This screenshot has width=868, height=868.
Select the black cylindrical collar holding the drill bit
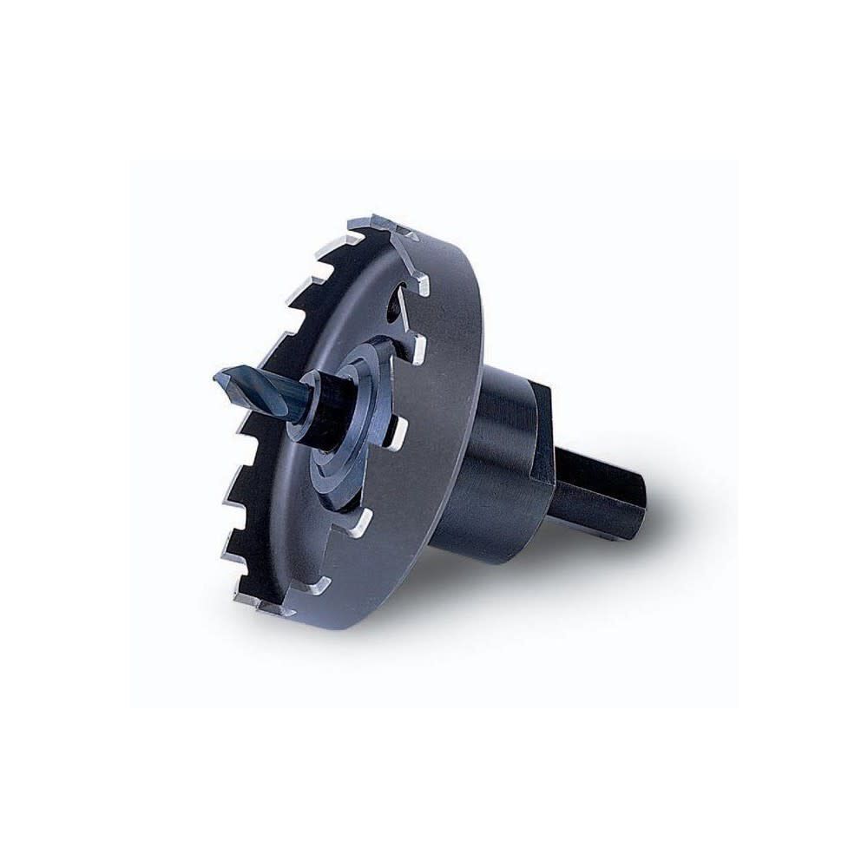click(x=323, y=408)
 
